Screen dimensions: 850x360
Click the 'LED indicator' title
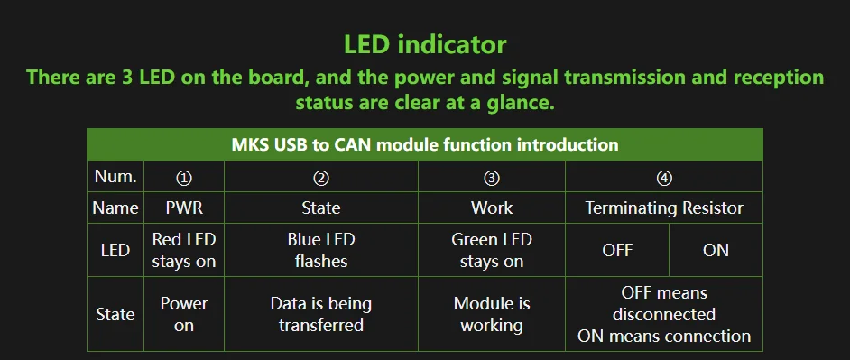425,44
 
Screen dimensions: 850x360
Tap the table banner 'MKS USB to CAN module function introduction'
425,144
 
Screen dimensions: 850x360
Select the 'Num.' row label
115,176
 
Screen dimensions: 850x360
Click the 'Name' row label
115,208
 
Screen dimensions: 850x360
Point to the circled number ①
184,178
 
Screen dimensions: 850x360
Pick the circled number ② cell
321,178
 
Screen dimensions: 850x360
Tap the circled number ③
492,178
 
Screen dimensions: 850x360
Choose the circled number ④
664,178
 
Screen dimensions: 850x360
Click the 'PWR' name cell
184,208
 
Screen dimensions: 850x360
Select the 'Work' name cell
492,208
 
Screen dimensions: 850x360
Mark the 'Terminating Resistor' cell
664,208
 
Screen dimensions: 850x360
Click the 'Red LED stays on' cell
184,250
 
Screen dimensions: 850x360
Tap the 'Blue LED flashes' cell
321,250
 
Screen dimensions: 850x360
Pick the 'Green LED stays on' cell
492,250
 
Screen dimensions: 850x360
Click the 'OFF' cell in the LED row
617,251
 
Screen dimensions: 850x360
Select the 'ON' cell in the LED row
716,251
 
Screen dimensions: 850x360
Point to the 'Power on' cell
184,315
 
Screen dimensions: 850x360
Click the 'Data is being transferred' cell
321,315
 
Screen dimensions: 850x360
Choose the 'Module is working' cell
492,315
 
